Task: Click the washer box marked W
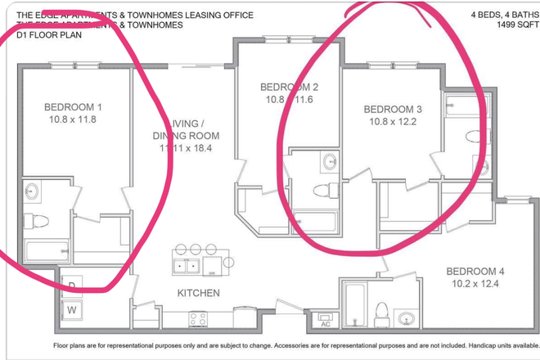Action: [x=72, y=309]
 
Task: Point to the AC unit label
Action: [x=325, y=323]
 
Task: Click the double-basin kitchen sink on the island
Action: [x=184, y=266]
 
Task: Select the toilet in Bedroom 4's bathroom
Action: [x=380, y=312]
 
